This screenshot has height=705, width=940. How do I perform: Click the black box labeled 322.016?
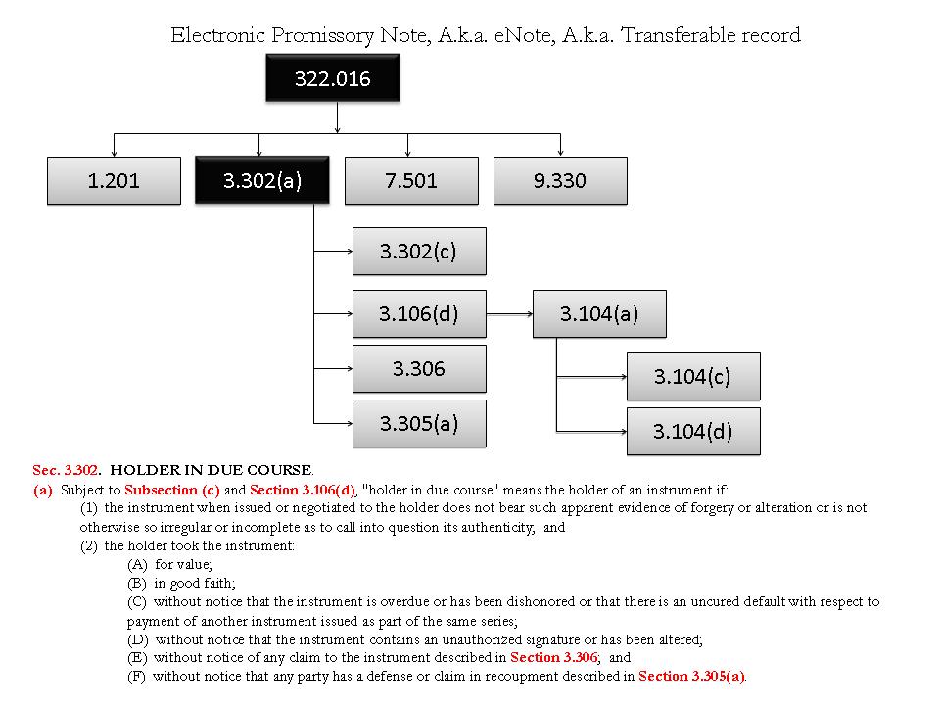tap(333, 78)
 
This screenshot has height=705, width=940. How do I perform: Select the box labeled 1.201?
tap(114, 180)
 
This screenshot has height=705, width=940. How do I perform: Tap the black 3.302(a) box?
tap(261, 180)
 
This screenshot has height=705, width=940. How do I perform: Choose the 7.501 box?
tap(411, 180)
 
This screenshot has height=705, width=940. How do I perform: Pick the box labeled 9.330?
tap(560, 180)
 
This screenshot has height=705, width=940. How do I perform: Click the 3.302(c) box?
tap(419, 251)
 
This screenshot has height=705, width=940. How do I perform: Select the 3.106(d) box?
tap(419, 313)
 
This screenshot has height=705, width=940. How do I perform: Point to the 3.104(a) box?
tap(599, 313)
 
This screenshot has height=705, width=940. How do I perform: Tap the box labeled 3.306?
tap(419, 368)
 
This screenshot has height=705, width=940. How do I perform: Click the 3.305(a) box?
tap(419, 423)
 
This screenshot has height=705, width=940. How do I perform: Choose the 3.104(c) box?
tap(693, 376)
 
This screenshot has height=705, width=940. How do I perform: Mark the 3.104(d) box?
tap(693, 431)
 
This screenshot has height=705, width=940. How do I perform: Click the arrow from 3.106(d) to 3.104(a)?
tap(509, 314)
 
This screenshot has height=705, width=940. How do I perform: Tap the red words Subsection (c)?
tap(164, 489)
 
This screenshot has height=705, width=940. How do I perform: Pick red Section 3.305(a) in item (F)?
tap(691, 676)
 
